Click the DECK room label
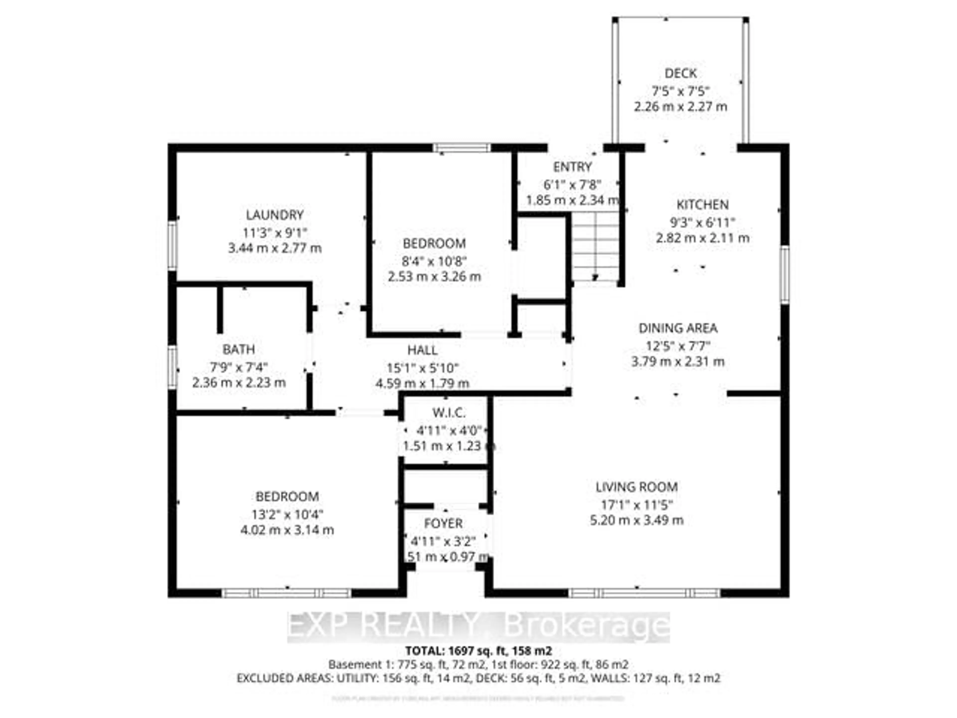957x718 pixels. pyautogui.click(x=681, y=74)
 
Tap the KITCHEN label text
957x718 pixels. pyautogui.click(x=703, y=205)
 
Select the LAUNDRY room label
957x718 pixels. pyautogui.click(x=275, y=215)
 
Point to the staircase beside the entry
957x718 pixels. pyautogui.click(x=596, y=247)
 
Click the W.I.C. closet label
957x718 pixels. pyautogui.click(x=449, y=413)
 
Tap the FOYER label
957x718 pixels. pyautogui.click(x=443, y=524)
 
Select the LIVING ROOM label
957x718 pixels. pyautogui.click(x=637, y=487)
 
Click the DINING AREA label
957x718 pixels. pyautogui.click(x=678, y=328)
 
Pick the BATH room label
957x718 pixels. pyautogui.click(x=239, y=349)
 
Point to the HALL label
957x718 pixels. pyautogui.click(x=422, y=350)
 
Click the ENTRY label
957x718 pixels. pyautogui.click(x=572, y=167)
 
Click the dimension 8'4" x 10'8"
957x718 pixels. pyautogui.click(x=434, y=262)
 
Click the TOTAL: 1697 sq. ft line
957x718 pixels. pyautogui.click(x=478, y=651)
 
